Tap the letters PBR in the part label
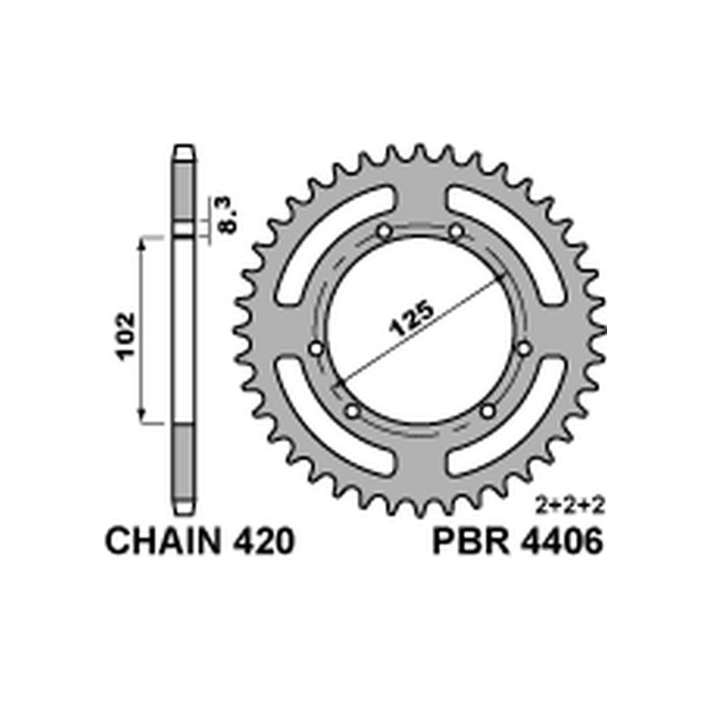468,542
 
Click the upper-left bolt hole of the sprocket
384,233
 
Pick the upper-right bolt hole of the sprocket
456,233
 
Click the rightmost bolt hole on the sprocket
524,347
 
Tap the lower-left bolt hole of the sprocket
351,412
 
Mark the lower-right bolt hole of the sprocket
487,411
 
